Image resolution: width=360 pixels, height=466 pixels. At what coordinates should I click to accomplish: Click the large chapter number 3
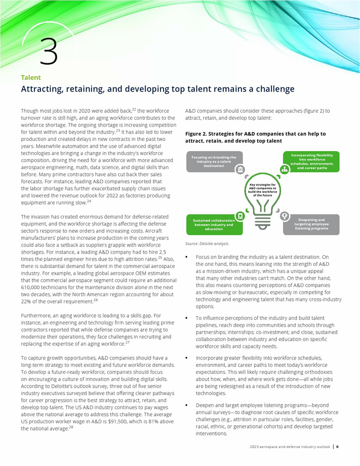(x=48, y=51)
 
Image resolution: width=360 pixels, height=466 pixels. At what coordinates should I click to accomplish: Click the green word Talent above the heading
(x=31, y=78)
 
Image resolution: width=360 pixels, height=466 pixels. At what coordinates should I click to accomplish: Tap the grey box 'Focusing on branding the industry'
(x=213, y=162)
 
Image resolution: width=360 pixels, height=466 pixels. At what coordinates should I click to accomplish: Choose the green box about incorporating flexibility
(x=312, y=162)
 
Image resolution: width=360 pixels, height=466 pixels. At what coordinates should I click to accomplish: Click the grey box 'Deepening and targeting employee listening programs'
(x=312, y=224)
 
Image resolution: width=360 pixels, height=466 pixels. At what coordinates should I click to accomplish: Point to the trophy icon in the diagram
(x=284, y=216)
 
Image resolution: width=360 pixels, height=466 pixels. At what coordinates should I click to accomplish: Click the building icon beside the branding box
(x=240, y=169)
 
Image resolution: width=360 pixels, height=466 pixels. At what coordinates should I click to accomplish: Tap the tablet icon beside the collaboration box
(x=240, y=216)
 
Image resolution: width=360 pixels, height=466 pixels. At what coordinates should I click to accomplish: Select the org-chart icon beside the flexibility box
(x=283, y=169)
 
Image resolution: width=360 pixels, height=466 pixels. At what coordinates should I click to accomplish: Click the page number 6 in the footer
(x=337, y=446)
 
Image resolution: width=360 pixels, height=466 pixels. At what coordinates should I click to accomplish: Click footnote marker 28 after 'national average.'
(x=71, y=426)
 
